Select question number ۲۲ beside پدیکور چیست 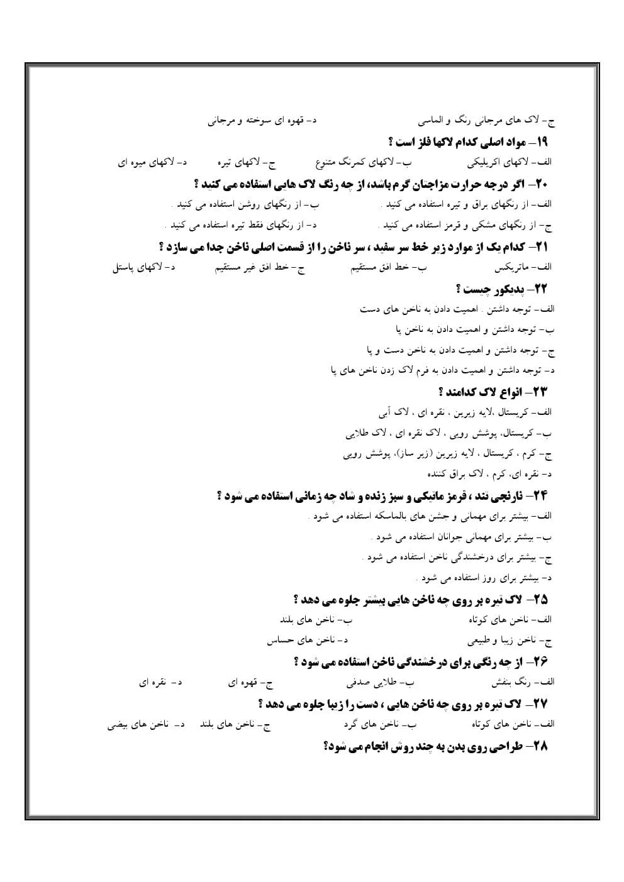click(540, 289)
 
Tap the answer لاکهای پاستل click(136, 268)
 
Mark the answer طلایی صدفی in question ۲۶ click(371, 681)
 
